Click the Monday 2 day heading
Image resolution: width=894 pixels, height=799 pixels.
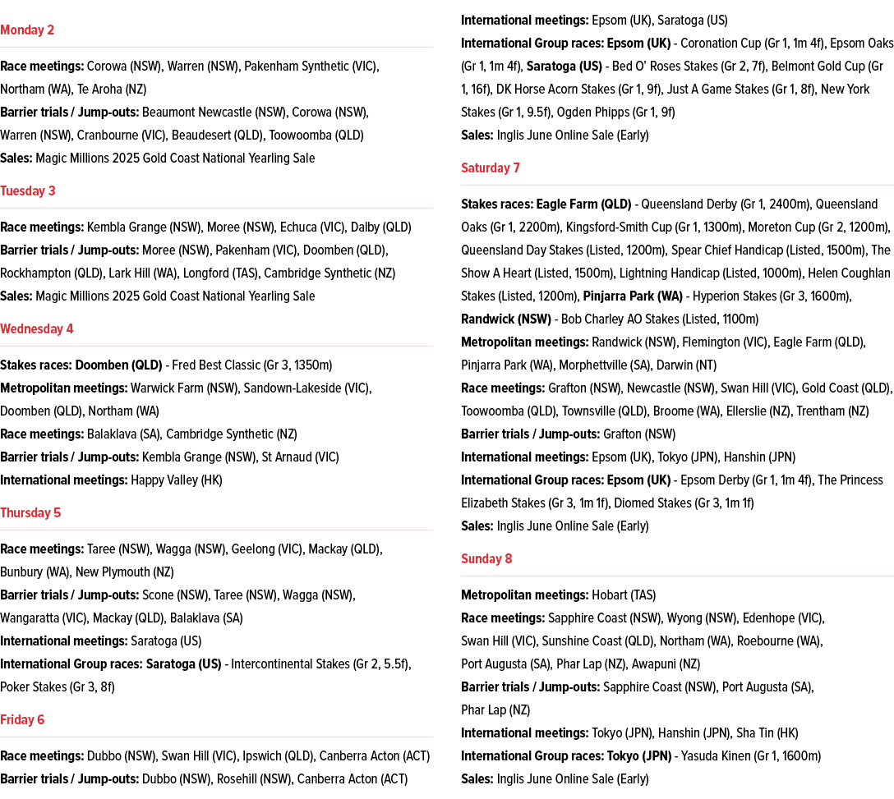(x=27, y=30)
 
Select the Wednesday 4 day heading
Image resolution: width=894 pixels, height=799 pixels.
(x=37, y=329)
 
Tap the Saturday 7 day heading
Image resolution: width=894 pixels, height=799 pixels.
(x=491, y=168)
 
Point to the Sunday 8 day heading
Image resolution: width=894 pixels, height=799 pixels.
(x=486, y=559)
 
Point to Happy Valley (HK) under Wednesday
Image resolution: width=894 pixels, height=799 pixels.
(x=177, y=480)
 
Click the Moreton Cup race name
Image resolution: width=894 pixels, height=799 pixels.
(x=790, y=227)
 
